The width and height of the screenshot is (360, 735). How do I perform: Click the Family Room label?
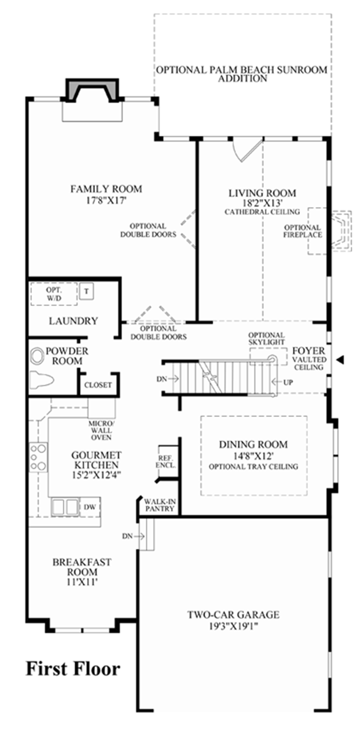(x=106, y=189)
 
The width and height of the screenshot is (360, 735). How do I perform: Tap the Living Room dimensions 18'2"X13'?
(x=262, y=203)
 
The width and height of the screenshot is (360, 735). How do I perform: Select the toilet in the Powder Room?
(x=42, y=379)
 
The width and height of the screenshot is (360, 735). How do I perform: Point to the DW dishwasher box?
(x=90, y=507)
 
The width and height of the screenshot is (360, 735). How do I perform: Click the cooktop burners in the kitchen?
(x=38, y=457)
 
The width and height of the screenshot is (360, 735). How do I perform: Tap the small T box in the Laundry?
(x=86, y=291)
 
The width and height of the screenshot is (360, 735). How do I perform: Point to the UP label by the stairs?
(x=288, y=382)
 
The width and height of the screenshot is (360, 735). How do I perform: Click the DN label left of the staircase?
(x=162, y=379)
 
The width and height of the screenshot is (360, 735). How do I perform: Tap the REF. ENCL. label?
(x=166, y=462)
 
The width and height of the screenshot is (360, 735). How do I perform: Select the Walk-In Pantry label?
(x=160, y=505)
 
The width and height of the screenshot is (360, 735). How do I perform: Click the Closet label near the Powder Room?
(x=98, y=385)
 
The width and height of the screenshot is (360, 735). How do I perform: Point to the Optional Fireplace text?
(x=302, y=231)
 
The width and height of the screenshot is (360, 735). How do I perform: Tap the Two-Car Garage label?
(x=233, y=615)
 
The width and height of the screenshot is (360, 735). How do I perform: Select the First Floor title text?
(x=73, y=669)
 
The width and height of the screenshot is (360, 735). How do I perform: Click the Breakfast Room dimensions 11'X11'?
(x=82, y=582)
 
